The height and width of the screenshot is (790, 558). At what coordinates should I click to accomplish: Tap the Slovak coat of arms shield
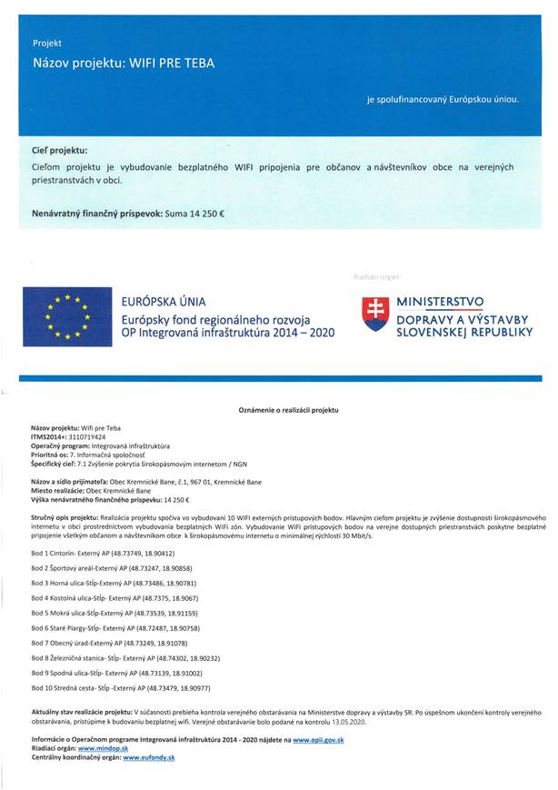[x=374, y=314]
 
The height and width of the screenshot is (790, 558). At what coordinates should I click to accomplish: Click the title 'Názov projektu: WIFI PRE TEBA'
[x=124, y=65]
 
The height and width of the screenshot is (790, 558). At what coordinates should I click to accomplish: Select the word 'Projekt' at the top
[x=47, y=43]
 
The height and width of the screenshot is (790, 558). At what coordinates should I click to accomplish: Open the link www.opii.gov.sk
[x=318, y=741]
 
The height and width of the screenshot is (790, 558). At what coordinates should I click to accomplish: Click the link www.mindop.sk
[x=102, y=748]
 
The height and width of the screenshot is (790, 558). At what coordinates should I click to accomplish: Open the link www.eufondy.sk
[x=149, y=756]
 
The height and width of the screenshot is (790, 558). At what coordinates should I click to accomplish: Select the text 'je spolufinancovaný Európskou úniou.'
[x=443, y=98]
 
